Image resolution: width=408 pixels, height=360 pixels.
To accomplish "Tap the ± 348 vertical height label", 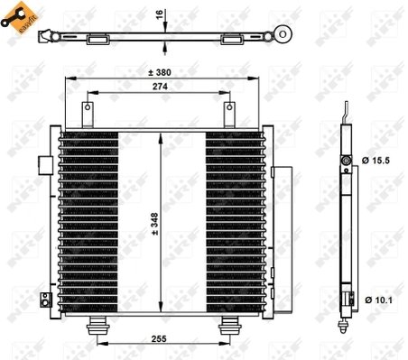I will click(x=156, y=222).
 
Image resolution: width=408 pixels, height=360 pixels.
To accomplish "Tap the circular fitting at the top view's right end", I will click(x=283, y=36).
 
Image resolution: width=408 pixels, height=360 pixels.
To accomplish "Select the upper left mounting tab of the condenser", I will click(x=88, y=114).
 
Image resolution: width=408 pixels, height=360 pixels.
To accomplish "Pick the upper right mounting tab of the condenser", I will click(x=228, y=114).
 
